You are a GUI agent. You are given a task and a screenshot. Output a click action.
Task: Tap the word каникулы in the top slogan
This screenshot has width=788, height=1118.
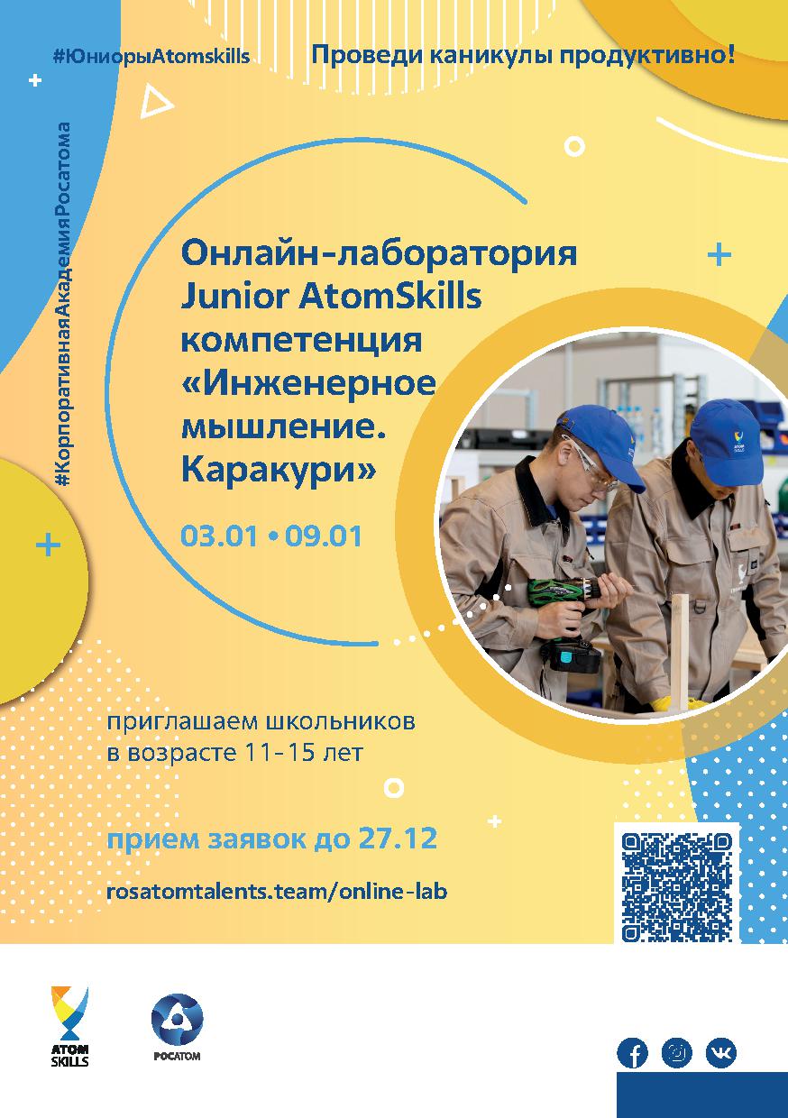point(491,56)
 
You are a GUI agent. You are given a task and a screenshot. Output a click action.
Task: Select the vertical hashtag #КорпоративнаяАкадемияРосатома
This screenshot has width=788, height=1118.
point(62,305)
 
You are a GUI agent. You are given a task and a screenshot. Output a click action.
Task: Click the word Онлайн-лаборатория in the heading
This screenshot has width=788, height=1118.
point(379,253)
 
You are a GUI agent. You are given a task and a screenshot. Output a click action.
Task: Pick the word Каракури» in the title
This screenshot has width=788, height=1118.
point(278,470)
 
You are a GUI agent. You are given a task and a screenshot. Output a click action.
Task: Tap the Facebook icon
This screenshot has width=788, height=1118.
point(632,1053)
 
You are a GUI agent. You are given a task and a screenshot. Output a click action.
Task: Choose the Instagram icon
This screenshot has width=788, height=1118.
point(677,1053)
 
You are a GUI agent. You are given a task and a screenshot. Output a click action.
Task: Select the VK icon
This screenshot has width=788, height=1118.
point(720,1053)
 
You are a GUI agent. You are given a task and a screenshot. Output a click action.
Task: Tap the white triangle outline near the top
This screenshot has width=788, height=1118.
point(156,101)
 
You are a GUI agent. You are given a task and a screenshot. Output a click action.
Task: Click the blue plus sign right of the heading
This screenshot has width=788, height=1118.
point(719,254)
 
